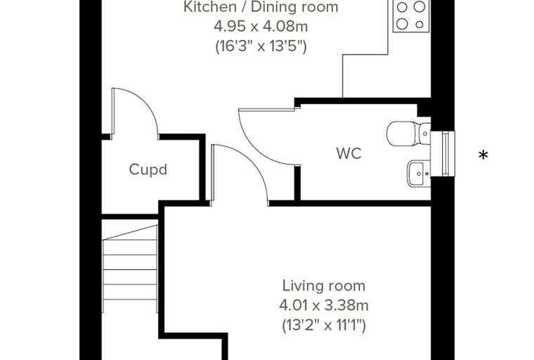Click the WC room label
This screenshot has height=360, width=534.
pyautogui.click(x=349, y=153)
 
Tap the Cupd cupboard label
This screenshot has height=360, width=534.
pyautogui.click(x=148, y=169)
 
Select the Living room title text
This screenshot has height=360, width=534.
pyautogui.click(x=323, y=285)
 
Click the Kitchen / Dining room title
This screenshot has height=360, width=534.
pyautogui.click(x=261, y=7)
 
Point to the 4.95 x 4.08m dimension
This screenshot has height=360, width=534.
pyautogui.click(x=261, y=26)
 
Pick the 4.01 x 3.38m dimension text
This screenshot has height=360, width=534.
pyautogui.click(x=323, y=305)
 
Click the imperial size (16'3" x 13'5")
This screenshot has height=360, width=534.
pyautogui.click(x=261, y=46)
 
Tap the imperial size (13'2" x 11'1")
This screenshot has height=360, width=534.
pyautogui.click(x=323, y=326)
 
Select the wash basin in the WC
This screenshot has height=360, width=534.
pyautogui.click(x=419, y=174)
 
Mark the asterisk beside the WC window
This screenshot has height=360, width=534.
pyautogui.click(x=483, y=155)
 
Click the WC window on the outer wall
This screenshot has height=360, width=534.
pyautogui.click(x=443, y=154)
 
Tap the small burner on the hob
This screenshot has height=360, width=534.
pyautogui.click(x=419, y=24)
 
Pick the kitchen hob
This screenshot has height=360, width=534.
pyautogui.click(x=412, y=15)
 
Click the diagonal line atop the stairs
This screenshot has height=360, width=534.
pyautogui.click(x=130, y=232)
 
